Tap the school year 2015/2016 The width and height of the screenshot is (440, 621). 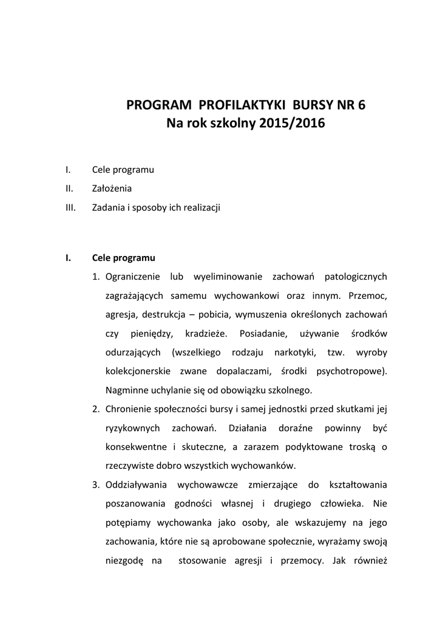(292, 123)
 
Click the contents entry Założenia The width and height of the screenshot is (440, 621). (112, 188)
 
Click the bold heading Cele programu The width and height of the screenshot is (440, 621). (124, 257)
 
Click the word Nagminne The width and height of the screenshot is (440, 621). (126, 389)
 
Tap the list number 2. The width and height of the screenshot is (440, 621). (96, 409)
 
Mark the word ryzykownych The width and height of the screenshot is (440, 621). (132, 428)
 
